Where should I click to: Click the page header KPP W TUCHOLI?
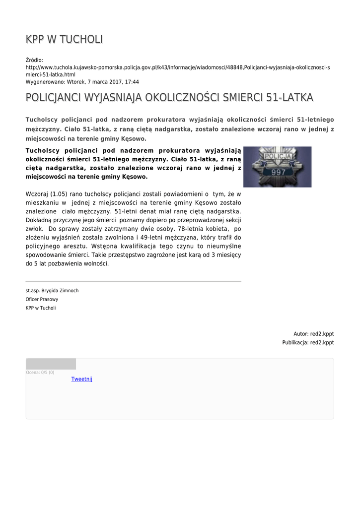pyautogui.click(x=65, y=39)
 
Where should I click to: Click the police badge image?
pyautogui.click(x=277, y=167)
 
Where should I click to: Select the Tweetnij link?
pyautogui.click(x=81, y=379)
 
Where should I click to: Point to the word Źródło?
pyautogui.click(x=35, y=60)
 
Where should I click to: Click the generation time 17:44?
pyautogui.click(x=132, y=82)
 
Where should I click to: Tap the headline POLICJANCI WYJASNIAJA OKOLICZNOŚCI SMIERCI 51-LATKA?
pyautogui.click(x=169, y=98)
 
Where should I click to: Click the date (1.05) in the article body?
pyautogui.click(x=62, y=193)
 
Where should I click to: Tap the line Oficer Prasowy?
pyautogui.click(x=42, y=299)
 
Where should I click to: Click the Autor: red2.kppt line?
pyautogui.click(x=313, y=334)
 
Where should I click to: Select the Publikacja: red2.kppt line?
pyautogui.click(x=308, y=342)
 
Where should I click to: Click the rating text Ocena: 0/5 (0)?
pyautogui.click(x=40, y=372)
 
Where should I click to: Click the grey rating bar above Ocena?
pyautogui.click(x=51, y=364)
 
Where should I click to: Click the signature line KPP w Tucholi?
pyautogui.click(x=41, y=308)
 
